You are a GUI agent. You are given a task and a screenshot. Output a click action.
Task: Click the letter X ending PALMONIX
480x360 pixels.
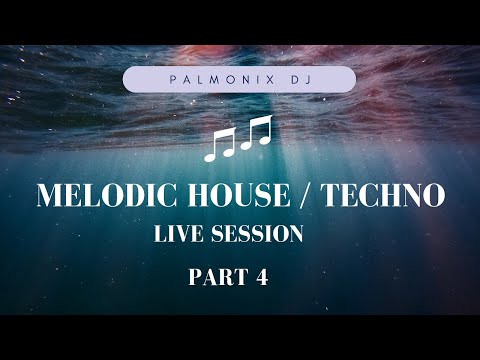[x=263, y=79]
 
